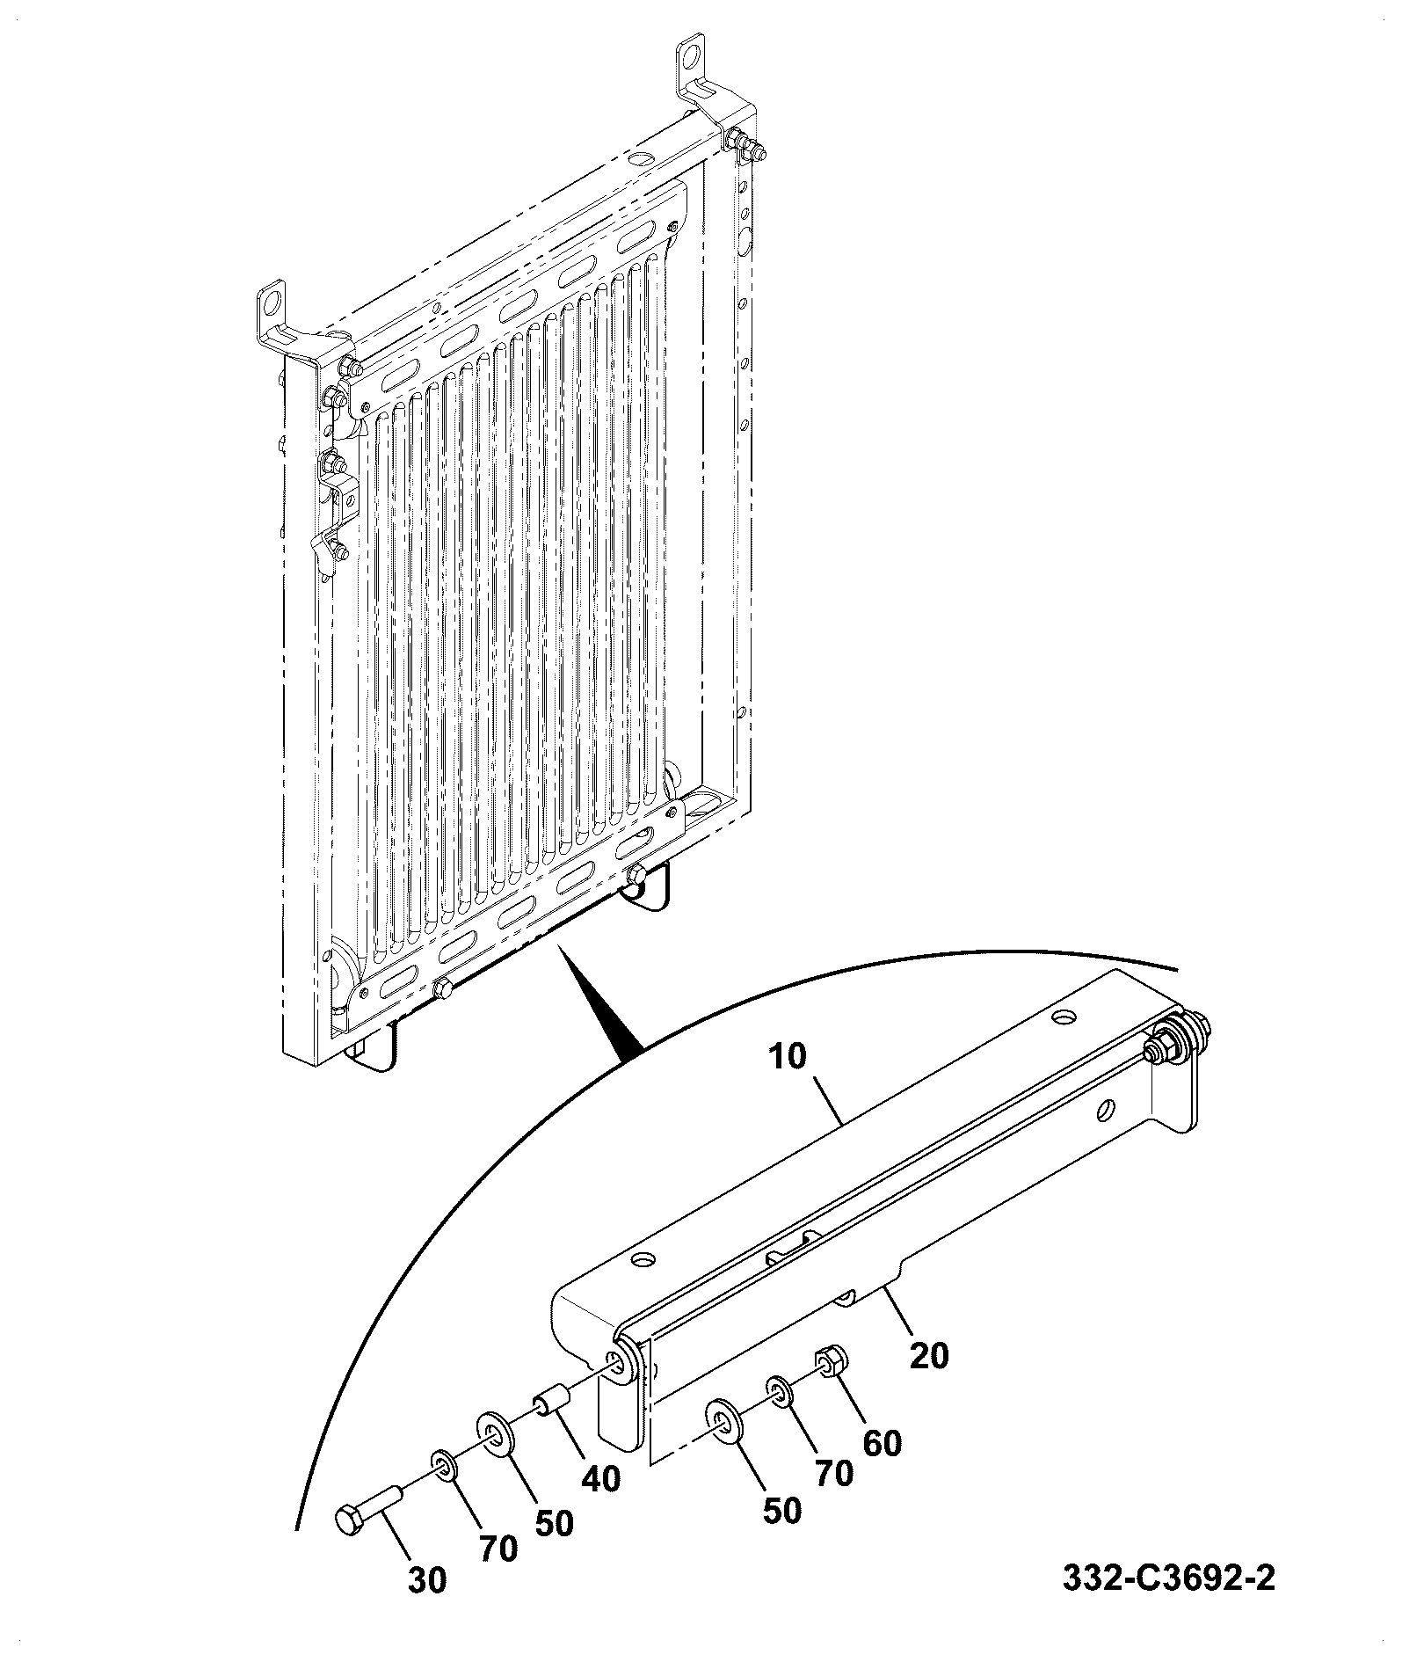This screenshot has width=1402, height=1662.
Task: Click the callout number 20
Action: click(x=929, y=1355)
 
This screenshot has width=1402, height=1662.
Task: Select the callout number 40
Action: click(x=600, y=1478)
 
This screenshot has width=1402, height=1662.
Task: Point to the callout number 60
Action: click(x=882, y=1443)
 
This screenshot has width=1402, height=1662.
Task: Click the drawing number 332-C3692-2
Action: click(x=1168, y=1578)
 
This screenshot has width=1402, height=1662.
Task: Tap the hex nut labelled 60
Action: click(x=831, y=1366)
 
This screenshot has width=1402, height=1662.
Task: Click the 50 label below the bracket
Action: click(x=781, y=1510)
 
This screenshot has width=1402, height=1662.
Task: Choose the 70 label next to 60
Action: click(x=832, y=1472)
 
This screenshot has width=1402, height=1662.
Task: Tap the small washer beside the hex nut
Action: click(x=778, y=1390)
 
